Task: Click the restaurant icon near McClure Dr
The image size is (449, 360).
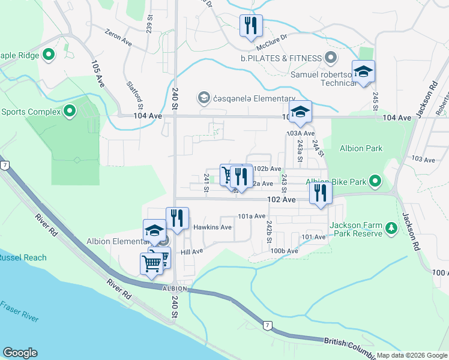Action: (x=250, y=26)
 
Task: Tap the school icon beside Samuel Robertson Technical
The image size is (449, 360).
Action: (x=363, y=72)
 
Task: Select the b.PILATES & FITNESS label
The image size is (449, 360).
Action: (x=281, y=58)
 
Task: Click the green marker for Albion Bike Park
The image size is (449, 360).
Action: (x=375, y=181)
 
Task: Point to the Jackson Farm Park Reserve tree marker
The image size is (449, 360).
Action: (x=391, y=227)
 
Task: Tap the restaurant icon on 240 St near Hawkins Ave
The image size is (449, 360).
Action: (x=177, y=218)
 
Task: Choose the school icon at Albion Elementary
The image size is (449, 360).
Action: (x=154, y=230)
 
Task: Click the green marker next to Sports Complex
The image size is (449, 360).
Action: (x=70, y=111)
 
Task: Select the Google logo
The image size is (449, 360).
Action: (x=20, y=353)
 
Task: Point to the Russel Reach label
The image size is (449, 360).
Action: (x=23, y=257)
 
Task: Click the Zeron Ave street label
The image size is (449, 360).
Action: (x=118, y=38)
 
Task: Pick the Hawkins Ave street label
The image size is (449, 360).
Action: (x=212, y=227)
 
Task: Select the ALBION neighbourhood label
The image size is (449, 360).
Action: (x=175, y=289)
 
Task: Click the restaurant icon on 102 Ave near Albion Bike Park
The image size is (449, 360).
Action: (x=321, y=194)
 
